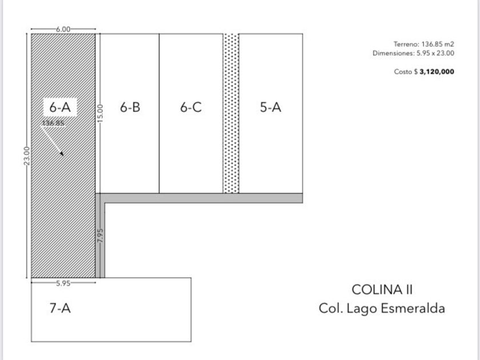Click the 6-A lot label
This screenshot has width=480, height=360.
click(x=60, y=107)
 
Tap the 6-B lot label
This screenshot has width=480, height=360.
click(x=130, y=107)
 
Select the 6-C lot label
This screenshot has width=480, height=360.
click(x=191, y=107)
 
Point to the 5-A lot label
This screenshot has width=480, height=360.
click(x=271, y=107)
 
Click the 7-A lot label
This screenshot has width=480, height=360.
click(x=61, y=308)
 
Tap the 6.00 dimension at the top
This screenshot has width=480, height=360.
click(x=63, y=29)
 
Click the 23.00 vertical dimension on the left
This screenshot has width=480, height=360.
click(x=27, y=156)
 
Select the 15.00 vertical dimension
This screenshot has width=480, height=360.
click(x=100, y=113)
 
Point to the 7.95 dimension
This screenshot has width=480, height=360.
click(x=100, y=235)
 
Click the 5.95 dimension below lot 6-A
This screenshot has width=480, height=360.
click(x=63, y=283)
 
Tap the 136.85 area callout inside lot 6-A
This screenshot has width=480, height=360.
click(x=53, y=123)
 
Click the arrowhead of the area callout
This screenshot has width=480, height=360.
click(x=62, y=153)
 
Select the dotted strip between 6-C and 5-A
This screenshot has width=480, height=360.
click(x=231, y=113)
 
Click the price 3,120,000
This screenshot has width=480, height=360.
click(x=437, y=71)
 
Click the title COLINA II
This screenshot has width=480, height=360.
click(x=382, y=290)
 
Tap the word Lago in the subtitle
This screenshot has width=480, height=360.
click(x=362, y=309)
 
